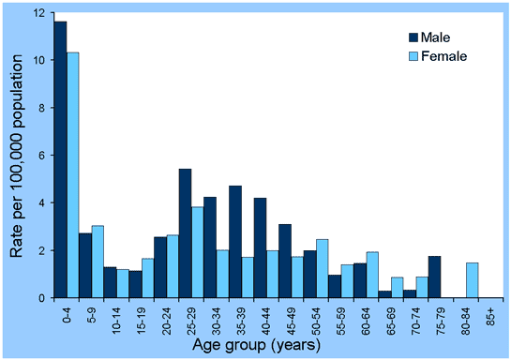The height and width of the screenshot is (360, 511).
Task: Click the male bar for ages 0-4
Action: (60, 159)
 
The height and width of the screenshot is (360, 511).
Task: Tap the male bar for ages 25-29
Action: (186, 233)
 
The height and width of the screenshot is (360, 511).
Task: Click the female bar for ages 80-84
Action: (473, 280)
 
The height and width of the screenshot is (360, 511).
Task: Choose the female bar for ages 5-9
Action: (98, 262)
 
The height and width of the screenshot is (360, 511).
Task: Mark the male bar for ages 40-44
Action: (261, 247)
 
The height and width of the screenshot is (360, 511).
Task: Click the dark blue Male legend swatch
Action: (416, 37)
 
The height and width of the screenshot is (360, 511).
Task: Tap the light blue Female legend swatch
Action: (416, 55)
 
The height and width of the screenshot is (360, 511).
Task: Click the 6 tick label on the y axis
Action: (38, 156)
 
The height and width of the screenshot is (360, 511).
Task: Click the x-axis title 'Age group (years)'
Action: (271, 346)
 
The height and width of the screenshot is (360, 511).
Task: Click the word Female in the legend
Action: (447, 55)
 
